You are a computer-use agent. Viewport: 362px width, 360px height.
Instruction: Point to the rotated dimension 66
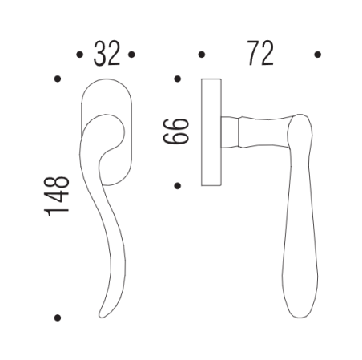tap(175, 131)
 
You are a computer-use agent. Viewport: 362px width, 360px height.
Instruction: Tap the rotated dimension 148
tap(58, 197)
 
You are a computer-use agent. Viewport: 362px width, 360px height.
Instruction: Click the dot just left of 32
tap(78, 55)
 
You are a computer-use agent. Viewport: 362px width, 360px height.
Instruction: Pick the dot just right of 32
tap(132, 55)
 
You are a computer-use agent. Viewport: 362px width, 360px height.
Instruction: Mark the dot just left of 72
tap(201, 55)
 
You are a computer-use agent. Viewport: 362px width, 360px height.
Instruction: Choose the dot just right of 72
tap(318, 55)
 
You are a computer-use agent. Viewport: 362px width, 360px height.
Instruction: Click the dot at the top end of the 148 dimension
tap(57, 79)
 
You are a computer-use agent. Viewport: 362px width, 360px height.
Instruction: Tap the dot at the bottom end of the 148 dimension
tap(57, 317)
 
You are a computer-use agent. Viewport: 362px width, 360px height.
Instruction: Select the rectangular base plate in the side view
tap(212, 132)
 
